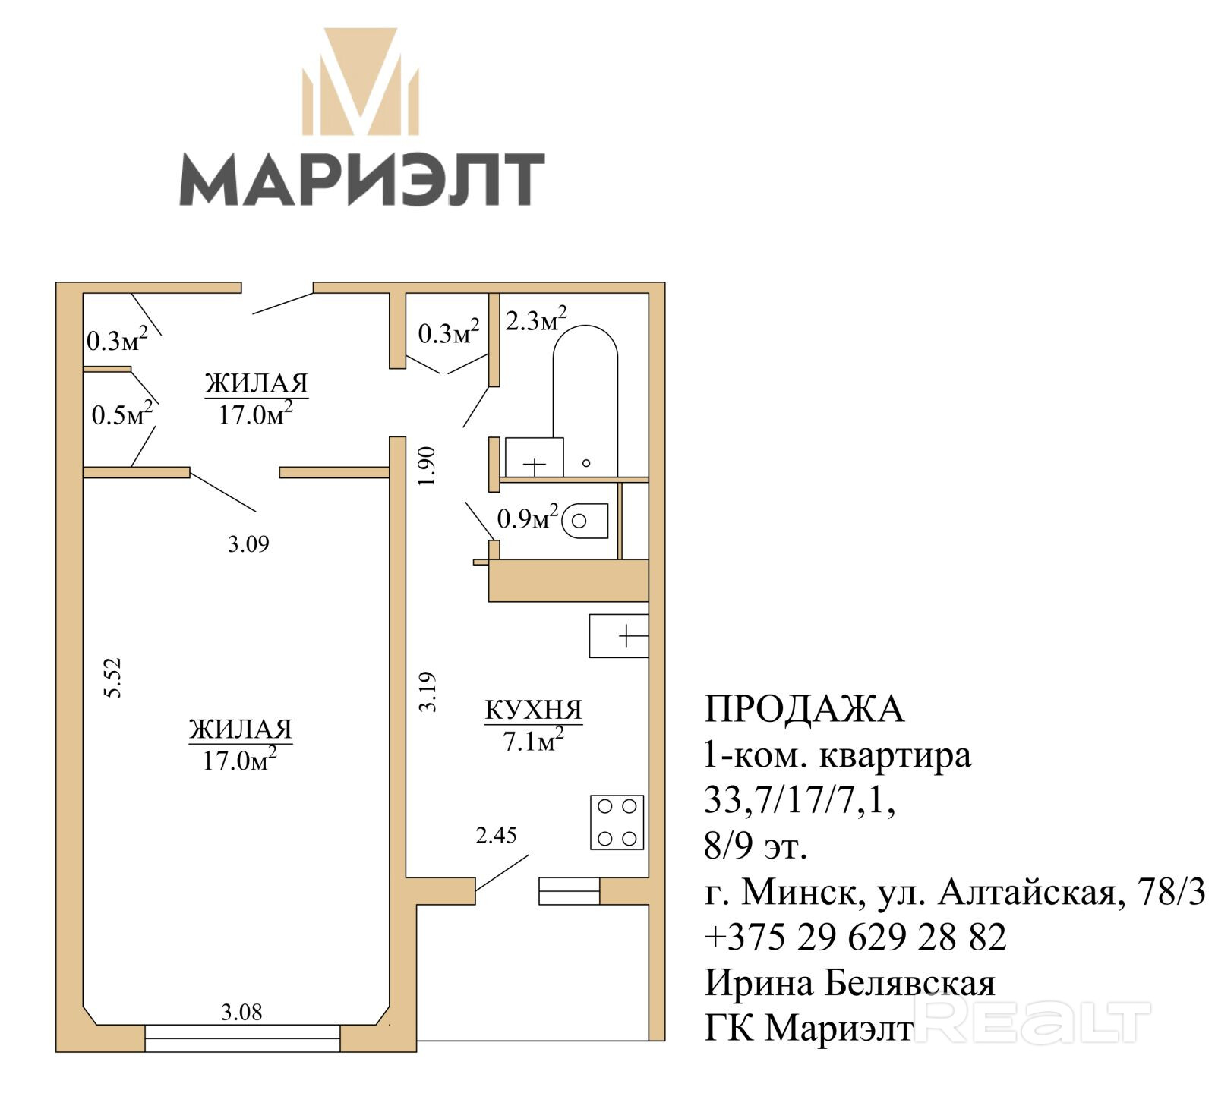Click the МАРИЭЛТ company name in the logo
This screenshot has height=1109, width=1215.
pos(361,179)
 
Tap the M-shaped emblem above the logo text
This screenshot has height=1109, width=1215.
pos(361,82)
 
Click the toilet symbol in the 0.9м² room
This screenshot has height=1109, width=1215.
pos(585,521)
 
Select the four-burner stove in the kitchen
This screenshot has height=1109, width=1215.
pos(617,822)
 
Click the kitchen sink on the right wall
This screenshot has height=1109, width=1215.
pos(619,635)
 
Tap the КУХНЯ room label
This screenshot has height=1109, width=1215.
pos(534,710)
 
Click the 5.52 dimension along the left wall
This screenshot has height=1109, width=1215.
pos(112,678)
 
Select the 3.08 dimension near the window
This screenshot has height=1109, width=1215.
pos(241,1012)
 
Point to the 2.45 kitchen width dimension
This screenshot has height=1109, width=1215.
pos(496,836)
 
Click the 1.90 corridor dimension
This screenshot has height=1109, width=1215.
pos(428,466)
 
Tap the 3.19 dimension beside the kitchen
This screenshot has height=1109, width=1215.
pos(428,692)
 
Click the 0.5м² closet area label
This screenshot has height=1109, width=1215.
pos(122,414)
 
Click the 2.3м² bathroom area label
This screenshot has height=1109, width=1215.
pos(536,320)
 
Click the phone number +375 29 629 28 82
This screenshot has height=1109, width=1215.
pos(856,937)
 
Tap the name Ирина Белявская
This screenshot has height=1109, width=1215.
pos(850,983)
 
